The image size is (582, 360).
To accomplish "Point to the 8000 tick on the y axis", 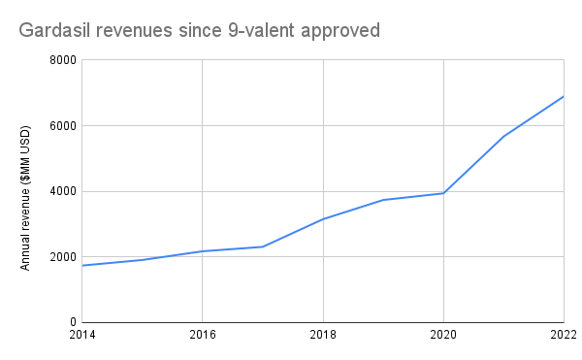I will click(x=63, y=60).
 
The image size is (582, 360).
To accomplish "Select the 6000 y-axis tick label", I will click(x=63, y=126).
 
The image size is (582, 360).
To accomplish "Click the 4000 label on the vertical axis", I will click(x=63, y=191).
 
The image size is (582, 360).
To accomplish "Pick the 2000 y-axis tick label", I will click(x=63, y=257).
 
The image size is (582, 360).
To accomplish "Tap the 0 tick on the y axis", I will click(x=73, y=322).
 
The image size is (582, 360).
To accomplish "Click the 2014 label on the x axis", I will click(x=82, y=337).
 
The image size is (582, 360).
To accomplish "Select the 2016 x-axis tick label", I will click(x=202, y=337).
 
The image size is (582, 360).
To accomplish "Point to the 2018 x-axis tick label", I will click(x=322, y=337).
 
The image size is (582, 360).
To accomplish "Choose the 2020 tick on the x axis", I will click(x=443, y=337).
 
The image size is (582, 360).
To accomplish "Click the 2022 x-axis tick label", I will click(x=563, y=337).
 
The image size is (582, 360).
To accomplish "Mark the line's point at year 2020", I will click(x=443, y=193).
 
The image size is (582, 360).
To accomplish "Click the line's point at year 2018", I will click(x=322, y=219).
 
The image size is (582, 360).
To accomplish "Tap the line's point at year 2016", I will click(x=202, y=251).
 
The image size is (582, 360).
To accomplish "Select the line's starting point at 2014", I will click(x=82, y=266).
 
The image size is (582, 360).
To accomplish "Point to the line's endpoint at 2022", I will click(x=564, y=96).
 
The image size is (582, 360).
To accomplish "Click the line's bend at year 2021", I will click(x=503, y=136).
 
